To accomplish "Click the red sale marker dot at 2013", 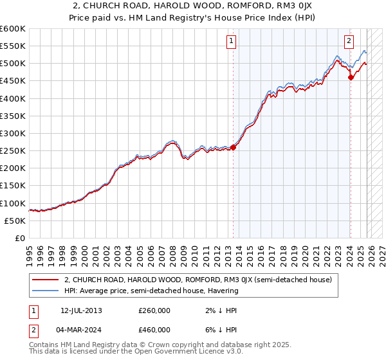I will [x=233, y=147].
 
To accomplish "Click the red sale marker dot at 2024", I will [x=351, y=78].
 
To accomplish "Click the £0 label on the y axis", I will [x=20, y=238].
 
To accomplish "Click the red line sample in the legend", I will [x=45, y=280].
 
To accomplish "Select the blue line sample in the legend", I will [x=45, y=291].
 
